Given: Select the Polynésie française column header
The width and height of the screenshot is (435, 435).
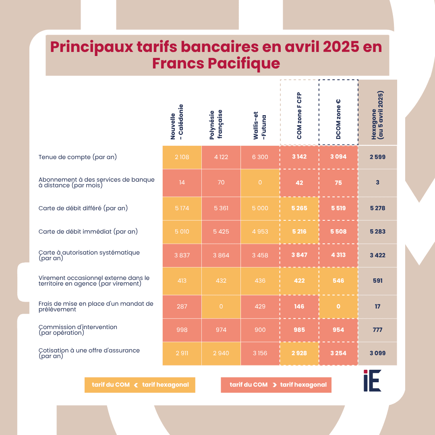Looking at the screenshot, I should pyautogui.click(x=216, y=124).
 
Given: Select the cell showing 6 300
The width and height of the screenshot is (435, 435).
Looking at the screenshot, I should pyautogui.click(x=260, y=157).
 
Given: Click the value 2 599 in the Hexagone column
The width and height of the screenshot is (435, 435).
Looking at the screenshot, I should pyautogui.click(x=377, y=157).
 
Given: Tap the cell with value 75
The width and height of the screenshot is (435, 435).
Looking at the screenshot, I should pyautogui.click(x=338, y=183).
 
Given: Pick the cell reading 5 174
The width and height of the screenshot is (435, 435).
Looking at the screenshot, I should pyautogui.click(x=182, y=208).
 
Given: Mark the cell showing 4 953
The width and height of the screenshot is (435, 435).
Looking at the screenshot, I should pyautogui.click(x=260, y=232).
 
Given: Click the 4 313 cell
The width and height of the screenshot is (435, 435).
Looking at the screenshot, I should pyautogui.click(x=338, y=255).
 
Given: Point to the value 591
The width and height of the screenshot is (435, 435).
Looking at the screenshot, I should pyautogui.click(x=377, y=281).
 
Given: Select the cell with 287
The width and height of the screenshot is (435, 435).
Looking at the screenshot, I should pyautogui.click(x=182, y=307).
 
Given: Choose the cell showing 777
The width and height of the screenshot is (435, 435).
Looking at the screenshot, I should pyautogui.click(x=377, y=330).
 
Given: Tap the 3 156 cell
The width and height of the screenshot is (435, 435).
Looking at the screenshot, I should pyautogui.click(x=260, y=353).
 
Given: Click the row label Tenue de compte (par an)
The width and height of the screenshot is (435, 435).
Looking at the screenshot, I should pyautogui.click(x=78, y=157).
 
